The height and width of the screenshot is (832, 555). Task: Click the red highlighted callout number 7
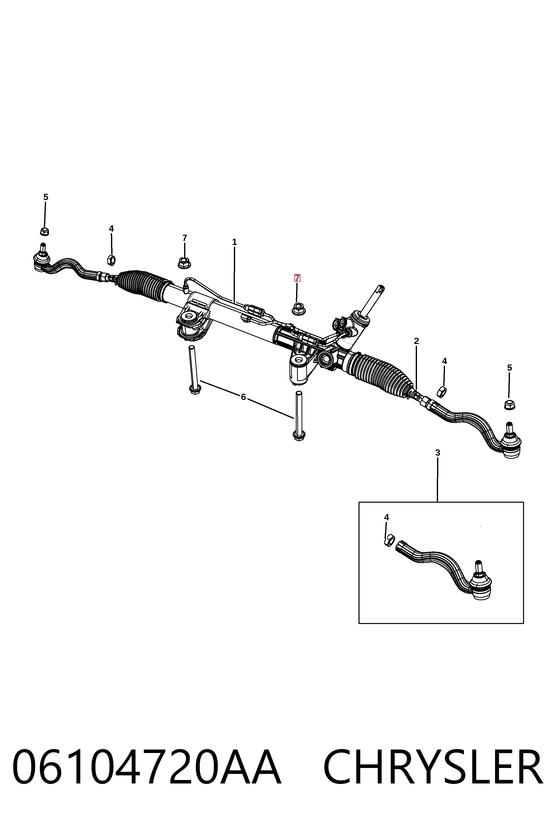click(x=297, y=278)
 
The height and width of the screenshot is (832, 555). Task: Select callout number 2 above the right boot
click(x=416, y=341)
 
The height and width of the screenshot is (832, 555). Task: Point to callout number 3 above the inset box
click(x=438, y=452)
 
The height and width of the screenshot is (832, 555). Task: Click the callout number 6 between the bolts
click(x=243, y=397)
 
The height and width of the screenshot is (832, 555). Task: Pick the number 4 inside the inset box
click(x=387, y=517)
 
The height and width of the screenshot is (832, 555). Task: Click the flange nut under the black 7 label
click(x=184, y=263)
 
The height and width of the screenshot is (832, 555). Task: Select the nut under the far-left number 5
click(x=44, y=231)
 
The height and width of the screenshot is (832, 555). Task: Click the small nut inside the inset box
click(x=389, y=540)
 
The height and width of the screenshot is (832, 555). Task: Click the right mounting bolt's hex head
click(x=299, y=436)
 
